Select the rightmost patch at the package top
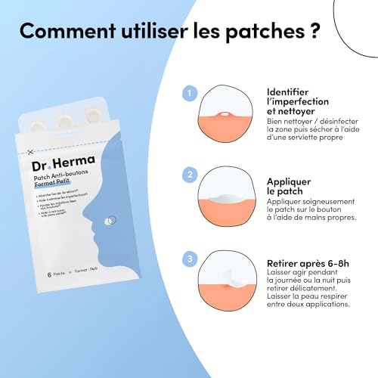tap(92, 115)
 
